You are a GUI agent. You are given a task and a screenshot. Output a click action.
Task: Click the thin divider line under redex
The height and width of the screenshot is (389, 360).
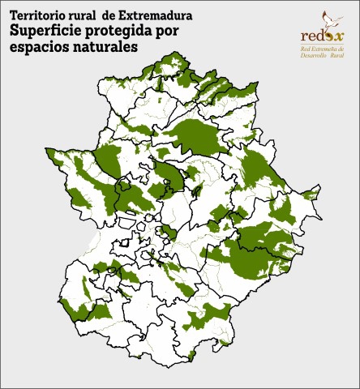coord(323,44)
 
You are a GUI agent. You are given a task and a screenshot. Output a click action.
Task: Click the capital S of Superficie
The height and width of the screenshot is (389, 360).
coord(15,31)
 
